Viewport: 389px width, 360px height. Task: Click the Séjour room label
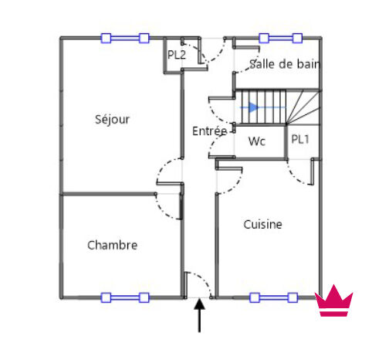(x=112, y=120)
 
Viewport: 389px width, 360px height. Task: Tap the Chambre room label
(x=112, y=245)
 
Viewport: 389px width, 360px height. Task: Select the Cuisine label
(x=262, y=225)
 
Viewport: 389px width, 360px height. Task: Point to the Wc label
(x=257, y=141)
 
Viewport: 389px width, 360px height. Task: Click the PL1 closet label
(x=300, y=139)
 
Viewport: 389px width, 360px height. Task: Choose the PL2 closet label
(x=177, y=55)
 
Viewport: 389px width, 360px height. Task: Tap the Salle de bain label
(x=284, y=64)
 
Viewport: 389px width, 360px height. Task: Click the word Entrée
(x=210, y=131)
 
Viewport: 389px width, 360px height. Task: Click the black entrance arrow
(x=199, y=315)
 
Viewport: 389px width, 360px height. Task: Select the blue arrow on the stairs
(x=262, y=107)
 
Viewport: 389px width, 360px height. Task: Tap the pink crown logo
(x=333, y=301)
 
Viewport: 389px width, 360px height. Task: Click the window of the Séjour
(x=125, y=38)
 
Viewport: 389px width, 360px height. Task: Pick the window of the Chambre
(x=125, y=297)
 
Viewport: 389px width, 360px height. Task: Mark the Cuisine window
(x=274, y=297)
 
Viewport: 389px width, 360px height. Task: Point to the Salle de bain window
(x=281, y=38)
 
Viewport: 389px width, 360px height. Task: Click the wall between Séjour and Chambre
(x=109, y=194)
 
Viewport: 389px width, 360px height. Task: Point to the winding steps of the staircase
(x=303, y=107)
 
